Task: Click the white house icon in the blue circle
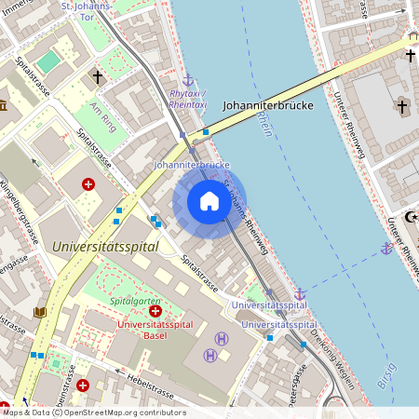209,201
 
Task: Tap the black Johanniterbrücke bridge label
267,106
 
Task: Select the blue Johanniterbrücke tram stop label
191,165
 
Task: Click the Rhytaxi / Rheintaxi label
188,100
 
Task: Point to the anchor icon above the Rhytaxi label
188,80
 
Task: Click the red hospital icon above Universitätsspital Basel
155,311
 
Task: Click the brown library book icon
39,312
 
